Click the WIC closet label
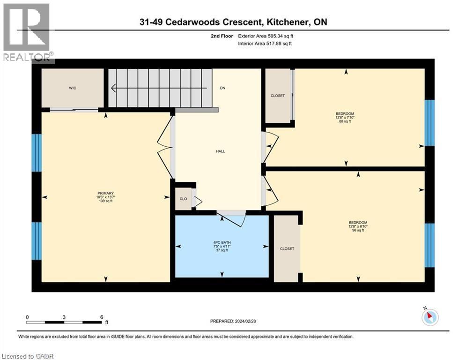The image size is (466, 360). (x=73, y=88)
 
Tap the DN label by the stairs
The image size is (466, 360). (x=222, y=88)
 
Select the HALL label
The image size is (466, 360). (x=221, y=151)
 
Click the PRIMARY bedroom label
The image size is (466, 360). (x=105, y=194)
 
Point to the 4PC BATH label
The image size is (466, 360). (x=222, y=242)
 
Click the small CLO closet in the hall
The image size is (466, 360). (x=184, y=199)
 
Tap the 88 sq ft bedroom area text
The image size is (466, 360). (x=345, y=121)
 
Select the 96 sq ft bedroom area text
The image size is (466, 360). (x=358, y=230)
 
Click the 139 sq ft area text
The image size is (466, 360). (x=105, y=201)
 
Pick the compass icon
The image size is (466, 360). (x=430, y=317)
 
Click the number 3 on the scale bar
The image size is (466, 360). (x=64, y=317)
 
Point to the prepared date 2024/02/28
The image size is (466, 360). (x=245, y=321)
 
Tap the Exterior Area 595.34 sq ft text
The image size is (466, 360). (x=266, y=36)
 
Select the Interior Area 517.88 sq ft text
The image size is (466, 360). (x=265, y=44)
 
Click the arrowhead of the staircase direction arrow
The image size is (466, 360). (x=113, y=88)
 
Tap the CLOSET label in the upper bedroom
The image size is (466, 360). (x=278, y=96)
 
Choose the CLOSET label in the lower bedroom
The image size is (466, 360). (x=287, y=249)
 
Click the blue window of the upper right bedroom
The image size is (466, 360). (x=429, y=123)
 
